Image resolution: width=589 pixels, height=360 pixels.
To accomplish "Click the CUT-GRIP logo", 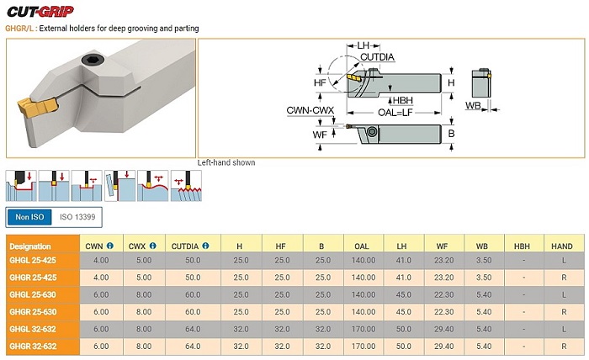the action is click(x=40, y=12).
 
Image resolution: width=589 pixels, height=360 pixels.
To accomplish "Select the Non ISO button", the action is click(x=29, y=217).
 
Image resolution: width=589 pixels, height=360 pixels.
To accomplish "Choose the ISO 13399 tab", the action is click(x=77, y=217).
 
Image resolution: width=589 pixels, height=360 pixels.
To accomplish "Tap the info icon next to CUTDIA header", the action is click(x=205, y=246).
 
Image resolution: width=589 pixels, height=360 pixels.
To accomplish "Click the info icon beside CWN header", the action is click(x=109, y=246).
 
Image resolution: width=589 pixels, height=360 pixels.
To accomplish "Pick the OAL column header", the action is click(x=362, y=246).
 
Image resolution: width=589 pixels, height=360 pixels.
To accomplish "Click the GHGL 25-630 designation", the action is click(x=33, y=294).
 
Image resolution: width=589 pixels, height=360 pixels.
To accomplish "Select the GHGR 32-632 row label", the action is click(x=33, y=346).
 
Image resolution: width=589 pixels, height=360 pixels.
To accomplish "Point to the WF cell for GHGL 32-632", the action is click(x=444, y=329).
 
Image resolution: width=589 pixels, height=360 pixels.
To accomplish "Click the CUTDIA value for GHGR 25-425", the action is click(x=193, y=278).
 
